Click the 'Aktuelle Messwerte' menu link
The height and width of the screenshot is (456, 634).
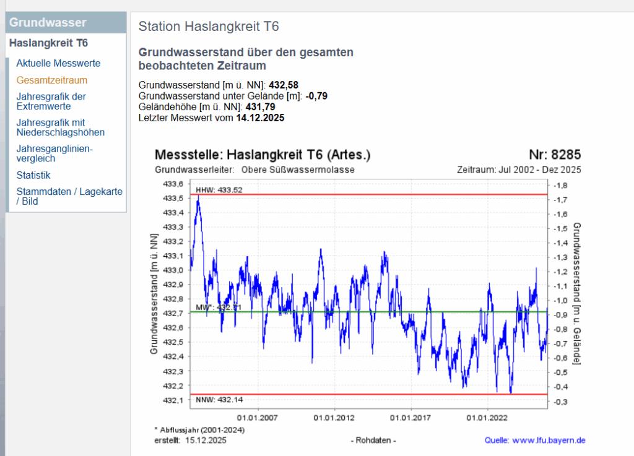(58, 63)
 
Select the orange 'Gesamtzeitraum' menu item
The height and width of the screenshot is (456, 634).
(51, 80)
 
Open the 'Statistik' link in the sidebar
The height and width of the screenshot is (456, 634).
(33, 175)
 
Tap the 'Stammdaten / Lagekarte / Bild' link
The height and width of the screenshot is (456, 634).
(69, 196)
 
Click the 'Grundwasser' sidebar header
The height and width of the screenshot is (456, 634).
(48, 23)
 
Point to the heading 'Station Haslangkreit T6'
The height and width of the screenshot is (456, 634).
(209, 27)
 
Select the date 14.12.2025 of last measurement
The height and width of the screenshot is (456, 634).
(260, 118)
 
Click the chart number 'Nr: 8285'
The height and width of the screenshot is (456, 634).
(554, 155)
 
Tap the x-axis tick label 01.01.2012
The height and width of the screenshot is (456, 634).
(334, 417)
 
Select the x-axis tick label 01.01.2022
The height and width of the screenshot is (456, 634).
(487, 417)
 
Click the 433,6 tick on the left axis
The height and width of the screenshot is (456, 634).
(173, 184)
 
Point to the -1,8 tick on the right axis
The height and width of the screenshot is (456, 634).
(559, 185)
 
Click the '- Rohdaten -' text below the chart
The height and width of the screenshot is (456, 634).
(373, 441)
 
